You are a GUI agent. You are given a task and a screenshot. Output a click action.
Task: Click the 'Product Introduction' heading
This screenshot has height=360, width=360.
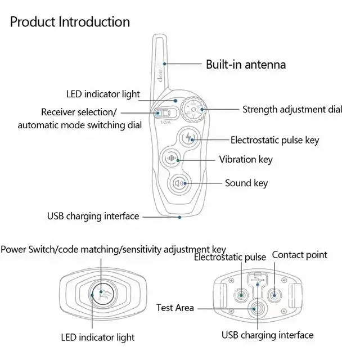pyautogui.click(x=70, y=22)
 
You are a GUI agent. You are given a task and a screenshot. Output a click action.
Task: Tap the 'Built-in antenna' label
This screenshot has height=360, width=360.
pyautogui.click(x=245, y=64)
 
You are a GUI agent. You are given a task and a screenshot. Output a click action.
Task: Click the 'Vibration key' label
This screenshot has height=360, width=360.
pyautogui.click(x=246, y=160)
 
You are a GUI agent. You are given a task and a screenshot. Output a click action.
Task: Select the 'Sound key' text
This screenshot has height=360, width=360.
pyautogui.click(x=246, y=183)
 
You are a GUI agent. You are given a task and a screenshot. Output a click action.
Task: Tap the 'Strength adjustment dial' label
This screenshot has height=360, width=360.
pyautogui.click(x=292, y=109)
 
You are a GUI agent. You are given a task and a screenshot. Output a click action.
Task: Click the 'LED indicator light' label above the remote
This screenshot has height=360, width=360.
pyautogui.click(x=103, y=94)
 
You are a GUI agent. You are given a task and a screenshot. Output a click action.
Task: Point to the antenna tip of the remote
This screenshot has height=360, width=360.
pyautogui.click(x=159, y=38)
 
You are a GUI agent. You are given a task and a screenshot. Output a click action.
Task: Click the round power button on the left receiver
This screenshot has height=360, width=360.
pyautogui.click(x=102, y=293)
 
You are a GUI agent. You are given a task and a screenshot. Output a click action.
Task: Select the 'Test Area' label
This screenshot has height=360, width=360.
pyautogui.click(x=175, y=308)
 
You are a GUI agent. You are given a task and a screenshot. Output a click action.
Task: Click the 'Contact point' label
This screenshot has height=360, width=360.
pyautogui.click(x=299, y=255)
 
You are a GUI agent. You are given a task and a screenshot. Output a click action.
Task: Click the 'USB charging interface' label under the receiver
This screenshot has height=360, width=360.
pyautogui.click(x=267, y=335)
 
